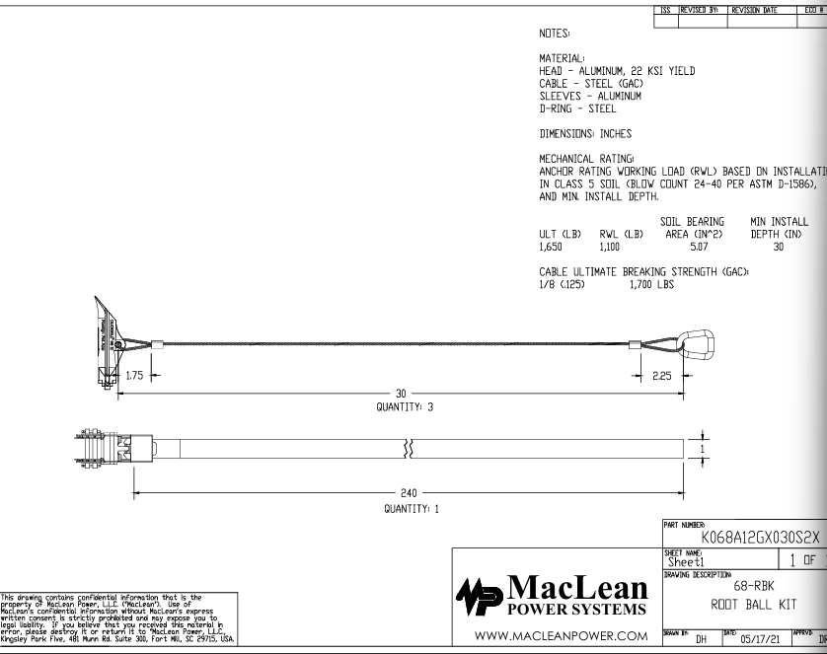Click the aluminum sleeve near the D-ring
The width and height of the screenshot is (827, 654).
(x=637, y=344)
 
